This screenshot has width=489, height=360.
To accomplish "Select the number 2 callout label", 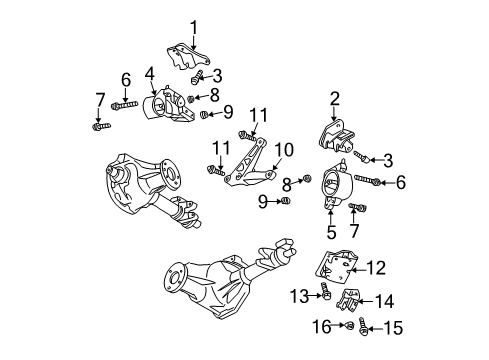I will pos(335,99).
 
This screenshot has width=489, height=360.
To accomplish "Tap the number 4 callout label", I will pos(150,73).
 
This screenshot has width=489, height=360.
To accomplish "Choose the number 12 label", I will pos(376,267).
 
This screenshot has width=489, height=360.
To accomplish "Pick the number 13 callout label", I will pos(299,295).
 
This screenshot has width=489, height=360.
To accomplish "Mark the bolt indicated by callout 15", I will pos(363,326).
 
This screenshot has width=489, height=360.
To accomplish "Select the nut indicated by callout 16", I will pos(349,325).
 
